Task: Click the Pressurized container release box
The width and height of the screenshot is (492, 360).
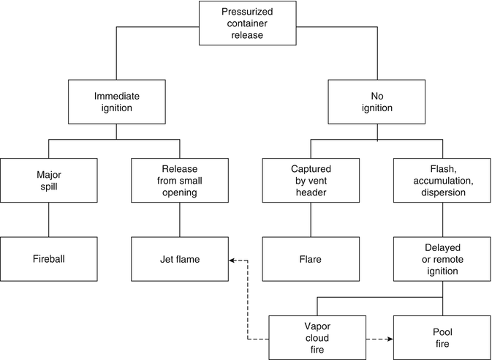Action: coord(248,22)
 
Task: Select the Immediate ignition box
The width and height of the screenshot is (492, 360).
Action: coord(117,102)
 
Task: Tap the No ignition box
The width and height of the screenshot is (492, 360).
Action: coord(376,102)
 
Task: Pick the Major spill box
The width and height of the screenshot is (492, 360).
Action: coord(48,181)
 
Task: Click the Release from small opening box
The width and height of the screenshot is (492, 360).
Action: coord(178,181)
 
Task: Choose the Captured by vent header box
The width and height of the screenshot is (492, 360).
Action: coord(311,181)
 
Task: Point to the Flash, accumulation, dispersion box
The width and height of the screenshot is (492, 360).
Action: coord(442,181)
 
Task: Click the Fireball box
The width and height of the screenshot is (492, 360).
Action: coord(48,259)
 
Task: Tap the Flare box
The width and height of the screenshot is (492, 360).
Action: coord(311,259)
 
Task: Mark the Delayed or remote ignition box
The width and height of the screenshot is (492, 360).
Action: coord(442,259)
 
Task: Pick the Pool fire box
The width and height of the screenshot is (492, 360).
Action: coord(442,338)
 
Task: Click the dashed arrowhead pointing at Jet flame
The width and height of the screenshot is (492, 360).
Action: coord(231,259)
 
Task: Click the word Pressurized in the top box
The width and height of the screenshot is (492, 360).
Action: coord(248,12)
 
